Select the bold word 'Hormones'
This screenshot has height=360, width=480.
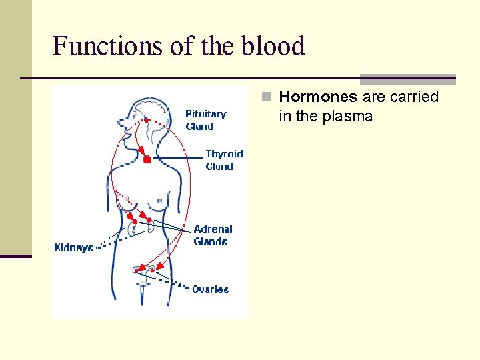tap(318, 97)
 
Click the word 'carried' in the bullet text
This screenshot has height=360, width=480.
tap(415, 97)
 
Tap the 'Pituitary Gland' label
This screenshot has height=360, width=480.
tap(205, 120)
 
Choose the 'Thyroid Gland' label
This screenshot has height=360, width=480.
tap(223, 160)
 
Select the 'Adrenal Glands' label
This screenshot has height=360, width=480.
tap(213, 235)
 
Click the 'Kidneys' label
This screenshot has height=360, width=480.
tap(73, 248)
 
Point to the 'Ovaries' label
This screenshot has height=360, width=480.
tap(210, 289)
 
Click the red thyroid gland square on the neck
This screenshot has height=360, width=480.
tap(147, 160)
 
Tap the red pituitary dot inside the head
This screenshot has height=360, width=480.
tap(147, 120)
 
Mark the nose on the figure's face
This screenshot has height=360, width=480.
tap(119, 123)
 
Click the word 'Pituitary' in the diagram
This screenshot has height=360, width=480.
tap(205, 114)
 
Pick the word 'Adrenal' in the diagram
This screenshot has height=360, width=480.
tap(213, 229)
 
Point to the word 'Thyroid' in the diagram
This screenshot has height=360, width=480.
tap(224, 154)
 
